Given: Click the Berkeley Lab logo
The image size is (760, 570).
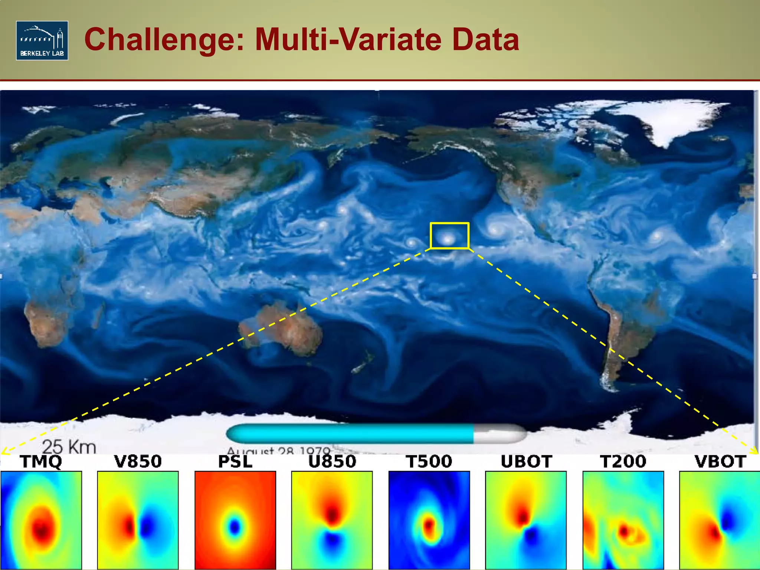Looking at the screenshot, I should [x=42, y=40].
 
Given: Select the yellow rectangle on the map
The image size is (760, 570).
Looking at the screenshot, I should [x=449, y=235].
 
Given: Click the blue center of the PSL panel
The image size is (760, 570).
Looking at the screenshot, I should [x=235, y=527].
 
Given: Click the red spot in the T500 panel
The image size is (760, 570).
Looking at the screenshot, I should [x=429, y=525].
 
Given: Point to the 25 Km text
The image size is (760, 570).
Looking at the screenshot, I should [x=69, y=446].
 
